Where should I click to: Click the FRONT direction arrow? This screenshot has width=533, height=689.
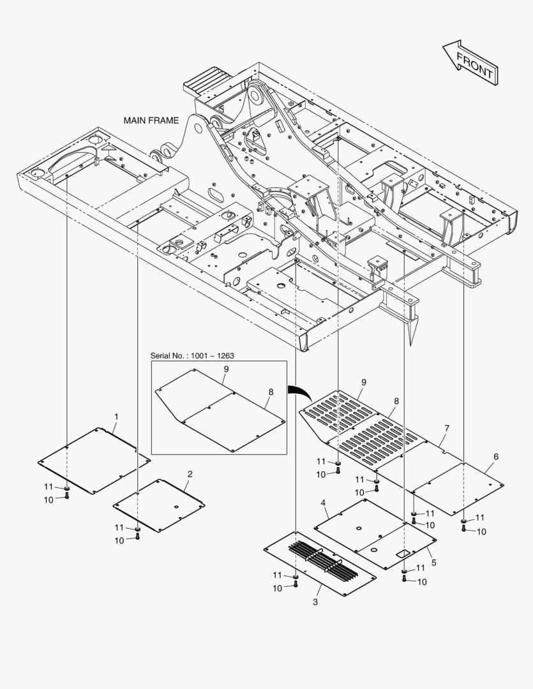click(x=470, y=63)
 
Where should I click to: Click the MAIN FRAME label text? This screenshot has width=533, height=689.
click(x=151, y=121)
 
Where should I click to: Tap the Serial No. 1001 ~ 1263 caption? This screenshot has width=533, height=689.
click(x=192, y=355)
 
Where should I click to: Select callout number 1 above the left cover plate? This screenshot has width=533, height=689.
click(x=117, y=416)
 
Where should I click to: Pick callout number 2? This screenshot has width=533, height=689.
click(x=190, y=474)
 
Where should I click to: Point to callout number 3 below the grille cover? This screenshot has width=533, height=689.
click(x=315, y=602)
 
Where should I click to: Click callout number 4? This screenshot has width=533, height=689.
click(x=323, y=503)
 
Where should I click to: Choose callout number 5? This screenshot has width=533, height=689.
click(x=434, y=563)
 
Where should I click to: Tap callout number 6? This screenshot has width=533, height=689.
click(x=496, y=457)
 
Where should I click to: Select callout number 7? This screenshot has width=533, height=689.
click(x=447, y=428)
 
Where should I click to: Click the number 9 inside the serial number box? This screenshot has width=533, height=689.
click(x=226, y=369)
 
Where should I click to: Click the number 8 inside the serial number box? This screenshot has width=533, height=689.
click(x=271, y=392)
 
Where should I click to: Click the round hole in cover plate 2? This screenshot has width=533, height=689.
click(x=176, y=507)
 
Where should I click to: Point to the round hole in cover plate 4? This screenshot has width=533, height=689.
click(x=358, y=528)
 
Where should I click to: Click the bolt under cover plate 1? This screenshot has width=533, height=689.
click(x=67, y=496)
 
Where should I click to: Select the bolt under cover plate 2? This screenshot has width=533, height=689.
click(x=138, y=536)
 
